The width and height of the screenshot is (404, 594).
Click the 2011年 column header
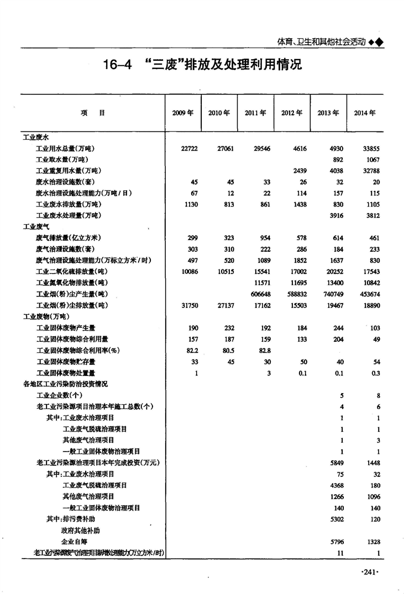[x=255, y=113]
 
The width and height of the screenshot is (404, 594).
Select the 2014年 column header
[x=365, y=113]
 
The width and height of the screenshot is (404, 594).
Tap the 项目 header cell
[x=92, y=113]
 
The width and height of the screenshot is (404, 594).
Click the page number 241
[x=370, y=574]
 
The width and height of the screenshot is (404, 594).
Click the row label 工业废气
[x=34, y=226]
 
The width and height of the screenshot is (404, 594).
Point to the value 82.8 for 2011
[x=263, y=350]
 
